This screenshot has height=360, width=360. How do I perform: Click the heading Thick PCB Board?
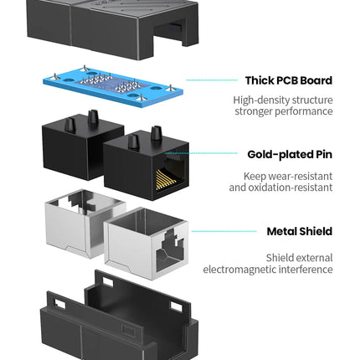click(289, 80)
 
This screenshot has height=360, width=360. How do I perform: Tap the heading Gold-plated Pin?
click(290, 154)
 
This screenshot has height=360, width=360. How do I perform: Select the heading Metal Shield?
click(300, 231)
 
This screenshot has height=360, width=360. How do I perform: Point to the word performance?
click(304, 111)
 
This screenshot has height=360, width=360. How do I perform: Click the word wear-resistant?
click(301, 176)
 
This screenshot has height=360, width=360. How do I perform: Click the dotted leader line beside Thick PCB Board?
click(212, 80)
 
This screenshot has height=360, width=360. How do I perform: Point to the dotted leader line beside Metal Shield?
click(224, 231)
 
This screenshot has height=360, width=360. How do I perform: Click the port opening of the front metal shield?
click(170, 251)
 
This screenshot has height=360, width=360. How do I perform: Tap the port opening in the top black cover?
click(171, 31)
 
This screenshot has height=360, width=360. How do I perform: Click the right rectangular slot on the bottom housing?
click(176, 307)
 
